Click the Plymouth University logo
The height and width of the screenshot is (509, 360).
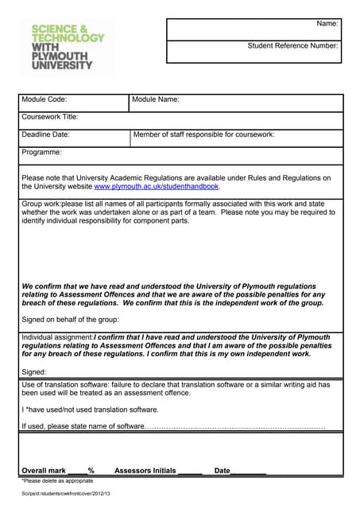click(67, 47)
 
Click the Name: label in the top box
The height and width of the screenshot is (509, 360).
click(327, 24)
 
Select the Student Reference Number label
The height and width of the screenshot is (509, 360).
click(292, 45)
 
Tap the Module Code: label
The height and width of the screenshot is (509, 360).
click(45, 99)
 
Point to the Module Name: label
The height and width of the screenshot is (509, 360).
click(156, 99)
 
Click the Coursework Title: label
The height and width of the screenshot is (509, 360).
click(50, 117)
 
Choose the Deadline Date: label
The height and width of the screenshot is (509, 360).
click(46, 134)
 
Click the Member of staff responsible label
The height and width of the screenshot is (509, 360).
click(203, 134)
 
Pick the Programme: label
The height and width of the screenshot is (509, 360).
click(42, 152)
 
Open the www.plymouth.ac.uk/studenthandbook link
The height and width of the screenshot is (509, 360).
click(156, 187)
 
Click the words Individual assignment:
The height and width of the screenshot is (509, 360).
click(57, 337)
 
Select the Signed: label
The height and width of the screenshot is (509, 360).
click(34, 371)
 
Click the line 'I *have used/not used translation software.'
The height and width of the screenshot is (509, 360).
click(90, 410)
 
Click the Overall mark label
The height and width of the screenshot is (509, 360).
click(44, 471)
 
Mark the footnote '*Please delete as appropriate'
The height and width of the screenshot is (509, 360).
click(57, 481)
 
